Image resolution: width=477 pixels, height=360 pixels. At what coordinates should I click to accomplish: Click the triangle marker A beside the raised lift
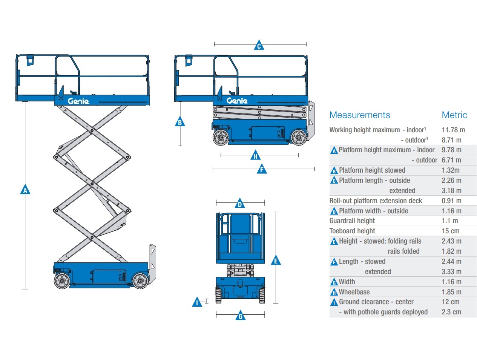click(x=25, y=190)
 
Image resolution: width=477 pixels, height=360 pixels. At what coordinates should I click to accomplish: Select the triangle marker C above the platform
click(x=259, y=45)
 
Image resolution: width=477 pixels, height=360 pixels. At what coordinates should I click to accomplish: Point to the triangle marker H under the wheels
click(x=255, y=155)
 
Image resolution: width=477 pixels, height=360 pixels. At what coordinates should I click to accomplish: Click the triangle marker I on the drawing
click(x=197, y=302)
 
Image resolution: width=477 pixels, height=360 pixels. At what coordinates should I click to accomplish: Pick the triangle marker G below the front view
click(x=240, y=316)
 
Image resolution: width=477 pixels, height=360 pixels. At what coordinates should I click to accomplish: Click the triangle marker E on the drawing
click(x=276, y=260)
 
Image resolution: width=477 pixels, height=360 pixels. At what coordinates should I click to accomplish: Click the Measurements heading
click(x=360, y=115)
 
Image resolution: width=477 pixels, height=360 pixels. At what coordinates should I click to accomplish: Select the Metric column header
click(x=454, y=115)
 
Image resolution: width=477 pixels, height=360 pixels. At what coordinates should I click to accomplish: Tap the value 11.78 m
click(x=453, y=130)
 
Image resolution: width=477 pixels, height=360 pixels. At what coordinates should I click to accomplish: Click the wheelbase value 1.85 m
click(x=451, y=292)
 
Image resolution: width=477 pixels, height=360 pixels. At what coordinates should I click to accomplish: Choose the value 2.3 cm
click(x=451, y=312)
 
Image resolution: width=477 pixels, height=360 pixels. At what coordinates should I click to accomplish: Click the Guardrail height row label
click(x=352, y=221)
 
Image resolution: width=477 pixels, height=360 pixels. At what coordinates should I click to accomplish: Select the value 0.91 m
click(x=451, y=201)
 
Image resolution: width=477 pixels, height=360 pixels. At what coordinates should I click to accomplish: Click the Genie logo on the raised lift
click(x=78, y=101)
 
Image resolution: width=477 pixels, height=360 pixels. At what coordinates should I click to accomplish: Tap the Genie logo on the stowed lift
click(x=237, y=101)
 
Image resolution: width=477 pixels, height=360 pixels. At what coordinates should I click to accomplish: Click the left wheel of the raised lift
click(x=62, y=281)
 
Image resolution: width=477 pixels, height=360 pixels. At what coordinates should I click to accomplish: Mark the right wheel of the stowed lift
click(x=299, y=137)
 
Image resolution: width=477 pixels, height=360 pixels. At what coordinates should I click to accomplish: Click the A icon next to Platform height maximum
click(x=334, y=151)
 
